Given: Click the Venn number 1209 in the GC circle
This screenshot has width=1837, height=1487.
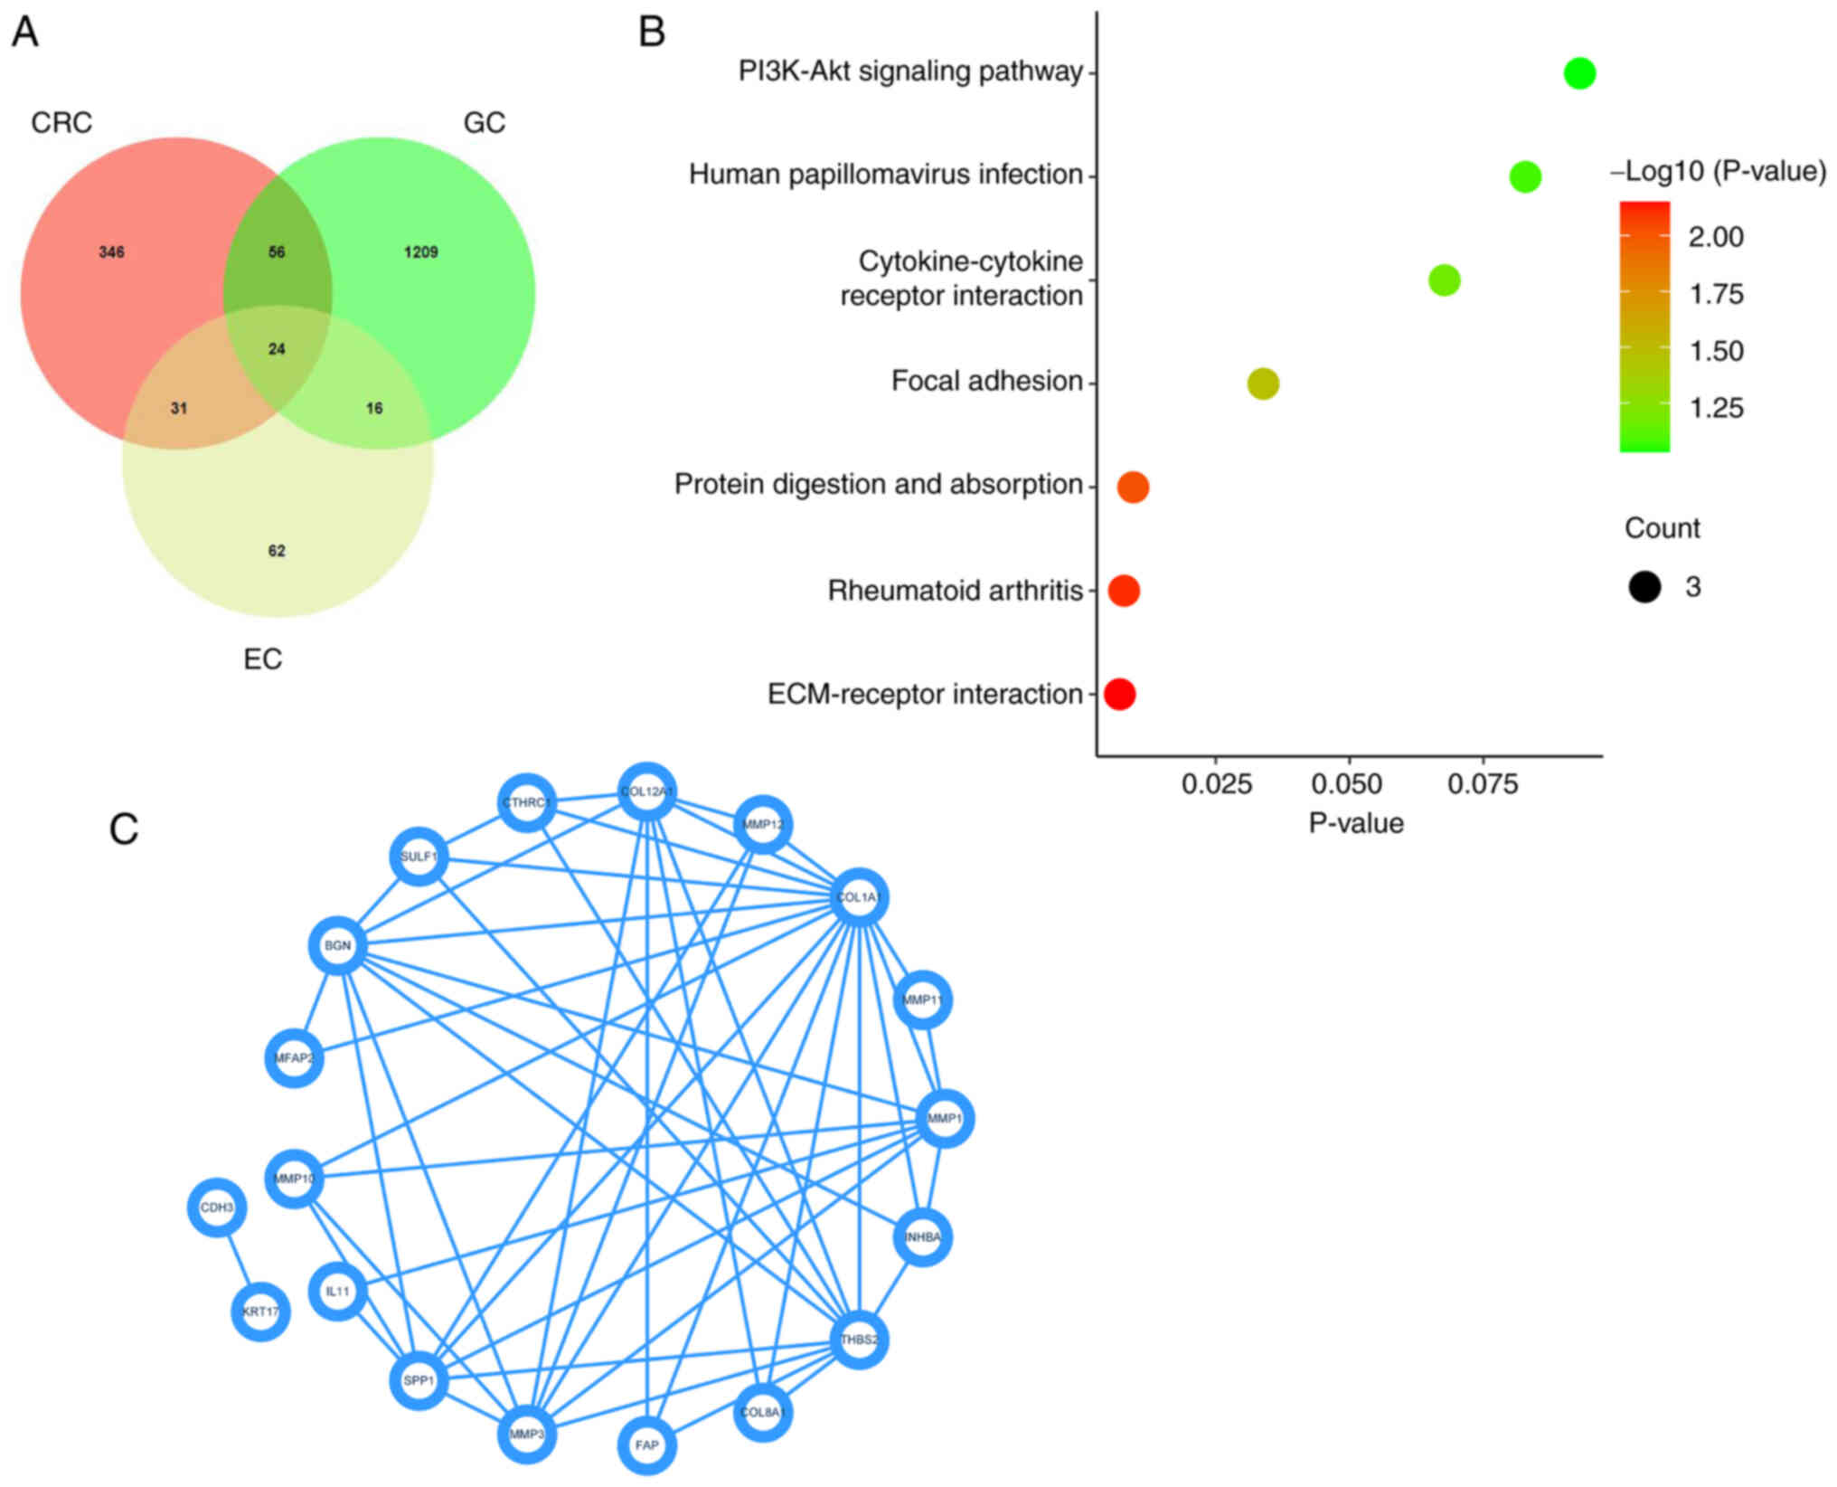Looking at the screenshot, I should coord(420,252).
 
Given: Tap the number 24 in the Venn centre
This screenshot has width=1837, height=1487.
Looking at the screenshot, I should coord(277,349).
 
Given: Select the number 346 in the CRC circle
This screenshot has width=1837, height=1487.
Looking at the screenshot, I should coord(111,252).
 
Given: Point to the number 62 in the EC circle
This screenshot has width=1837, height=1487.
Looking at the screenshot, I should coord(277,551).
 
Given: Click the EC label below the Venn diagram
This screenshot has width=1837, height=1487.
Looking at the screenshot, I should coord(262,659).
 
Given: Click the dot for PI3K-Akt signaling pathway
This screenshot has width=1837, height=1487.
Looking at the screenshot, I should coord(1578,73).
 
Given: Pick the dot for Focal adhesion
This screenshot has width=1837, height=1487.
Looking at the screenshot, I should coord(1263,384).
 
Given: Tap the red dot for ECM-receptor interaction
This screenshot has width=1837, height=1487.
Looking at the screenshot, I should coord(1119,695).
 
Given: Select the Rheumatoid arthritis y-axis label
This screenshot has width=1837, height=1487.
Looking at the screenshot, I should coord(955,591).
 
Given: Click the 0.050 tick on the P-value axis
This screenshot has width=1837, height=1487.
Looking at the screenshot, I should coord(1349,784).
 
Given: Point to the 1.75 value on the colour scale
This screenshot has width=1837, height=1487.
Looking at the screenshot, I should coord(1716,294).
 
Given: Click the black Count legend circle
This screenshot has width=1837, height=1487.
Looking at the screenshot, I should coord(1644,587).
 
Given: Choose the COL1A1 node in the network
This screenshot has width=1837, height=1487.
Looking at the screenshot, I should coord(858,897).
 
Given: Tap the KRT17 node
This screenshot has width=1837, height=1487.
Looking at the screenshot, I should coord(260,1312).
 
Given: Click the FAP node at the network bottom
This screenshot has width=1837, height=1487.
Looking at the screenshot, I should coord(646,1444).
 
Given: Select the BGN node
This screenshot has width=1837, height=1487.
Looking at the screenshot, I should coord(337,946).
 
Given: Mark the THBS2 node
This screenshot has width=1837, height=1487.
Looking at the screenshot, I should coord(859,1340).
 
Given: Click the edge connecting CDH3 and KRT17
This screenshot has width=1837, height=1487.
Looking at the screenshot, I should coord(239,1260).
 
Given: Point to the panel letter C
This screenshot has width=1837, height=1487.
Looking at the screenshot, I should coord(124,829).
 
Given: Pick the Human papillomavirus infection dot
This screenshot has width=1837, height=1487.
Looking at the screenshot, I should coord(1524,176).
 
